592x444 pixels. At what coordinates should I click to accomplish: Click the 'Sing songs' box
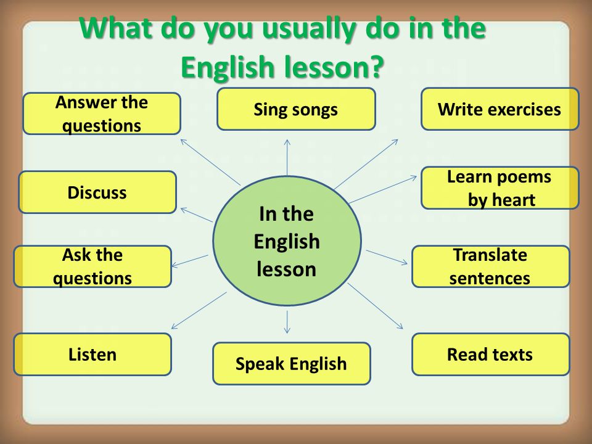pyautogui.click(x=296, y=109)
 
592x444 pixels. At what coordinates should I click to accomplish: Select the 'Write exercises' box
pyautogui.click(x=500, y=109)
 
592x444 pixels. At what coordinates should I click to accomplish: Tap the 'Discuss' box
pyautogui.click(x=97, y=192)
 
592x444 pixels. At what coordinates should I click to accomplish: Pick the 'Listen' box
pyautogui.click(x=92, y=354)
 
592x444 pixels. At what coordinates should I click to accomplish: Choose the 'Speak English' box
pyautogui.click(x=292, y=364)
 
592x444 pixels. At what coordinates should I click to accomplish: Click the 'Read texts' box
pyautogui.click(x=490, y=354)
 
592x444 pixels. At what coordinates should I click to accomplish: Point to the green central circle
pyautogui.click(x=287, y=241)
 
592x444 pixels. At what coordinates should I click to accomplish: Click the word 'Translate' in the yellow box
pyautogui.click(x=490, y=255)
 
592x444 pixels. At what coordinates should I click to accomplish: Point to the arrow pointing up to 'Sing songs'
pyautogui.click(x=287, y=157)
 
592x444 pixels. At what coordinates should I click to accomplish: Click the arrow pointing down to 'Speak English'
pyautogui.click(x=287, y=322)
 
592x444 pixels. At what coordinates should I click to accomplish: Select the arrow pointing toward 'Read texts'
pyautogui.click(x=376, y=306)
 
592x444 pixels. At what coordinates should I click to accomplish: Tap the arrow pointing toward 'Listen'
pyautogui.click(x=199, y=310)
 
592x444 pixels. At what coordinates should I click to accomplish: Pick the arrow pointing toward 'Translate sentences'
pyautogui.click(x=387, y=257)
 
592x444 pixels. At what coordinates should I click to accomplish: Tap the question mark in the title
pyautogui.click(x=374, y=67)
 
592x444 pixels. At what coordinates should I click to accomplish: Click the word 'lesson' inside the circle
pyautogui.click(x=286, y=269)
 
